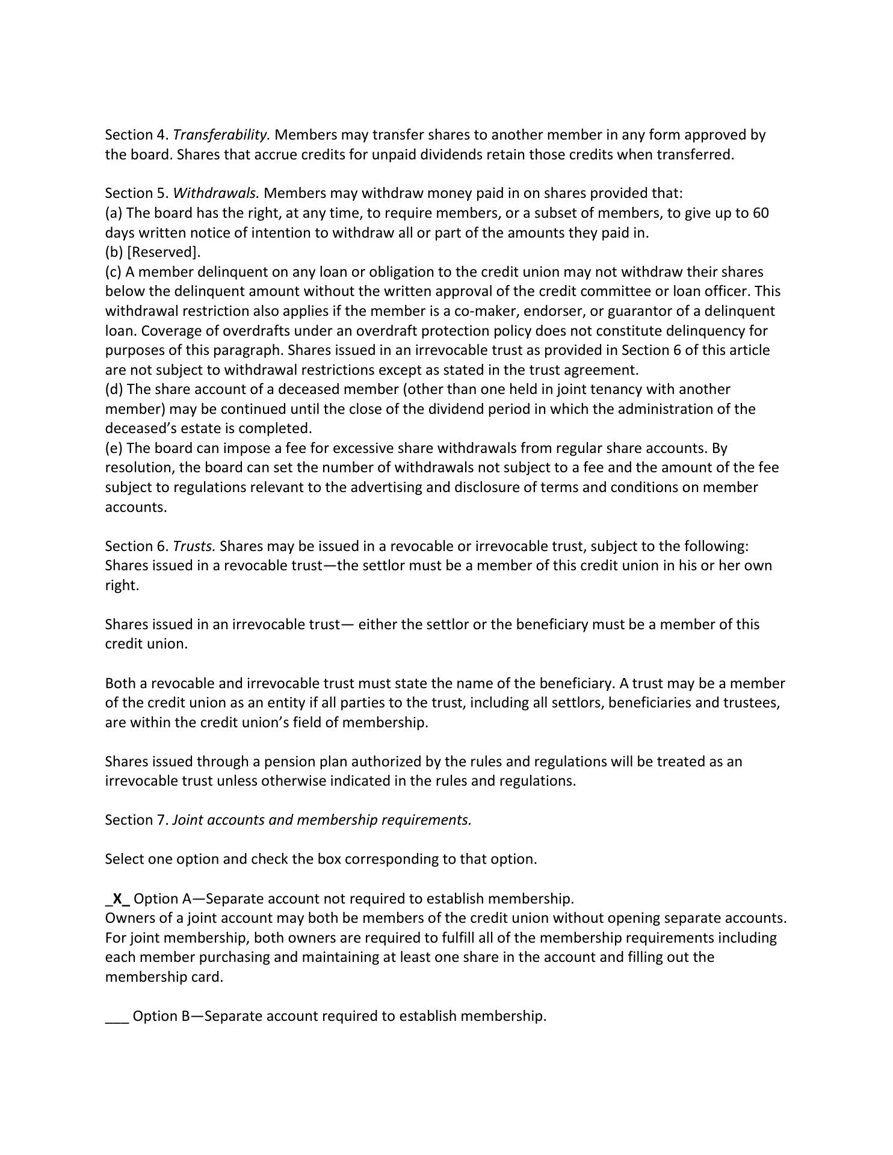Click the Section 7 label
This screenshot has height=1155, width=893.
tap(137, 820)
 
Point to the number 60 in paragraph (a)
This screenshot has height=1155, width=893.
tap(761, 213)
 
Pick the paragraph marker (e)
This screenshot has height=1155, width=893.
tap(114, 448)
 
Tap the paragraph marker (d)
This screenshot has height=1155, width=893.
tap(114, 389)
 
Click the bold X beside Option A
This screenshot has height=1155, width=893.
tap(118, 899)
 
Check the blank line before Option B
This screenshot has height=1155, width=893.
tap(117, 1016)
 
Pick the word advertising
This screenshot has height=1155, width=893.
tap(385, 487)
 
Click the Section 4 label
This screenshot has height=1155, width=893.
tap(137, 135)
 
